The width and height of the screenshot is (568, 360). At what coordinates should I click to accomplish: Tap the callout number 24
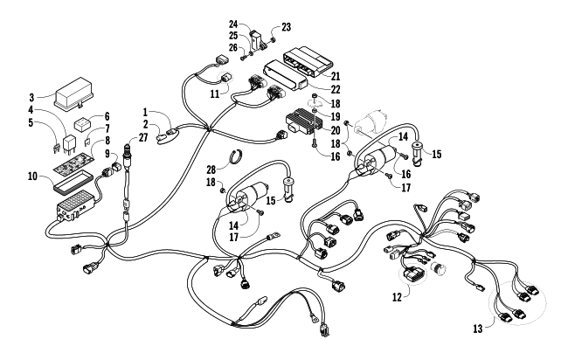click(x=233, y=24)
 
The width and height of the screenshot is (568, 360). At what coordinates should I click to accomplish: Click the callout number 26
click(x=233, y=47)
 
